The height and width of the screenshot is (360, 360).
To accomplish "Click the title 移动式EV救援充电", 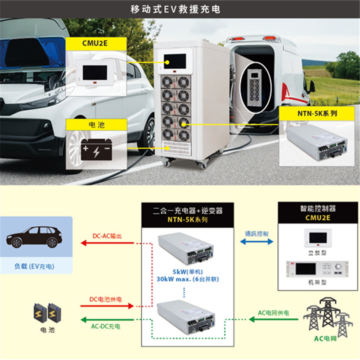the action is [175, 9].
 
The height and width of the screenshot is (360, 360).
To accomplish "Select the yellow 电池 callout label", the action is [96, 125].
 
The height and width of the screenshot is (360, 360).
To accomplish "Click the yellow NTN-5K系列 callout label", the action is [317, 113].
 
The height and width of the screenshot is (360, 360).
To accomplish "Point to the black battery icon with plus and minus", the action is [96, 149].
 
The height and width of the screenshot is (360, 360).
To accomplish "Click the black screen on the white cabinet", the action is [175, 61].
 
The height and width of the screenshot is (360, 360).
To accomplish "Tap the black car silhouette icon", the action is [34, 237].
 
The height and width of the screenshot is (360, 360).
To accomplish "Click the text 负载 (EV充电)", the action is [35, 266].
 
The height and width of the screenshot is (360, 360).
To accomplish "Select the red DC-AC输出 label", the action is [107, 236].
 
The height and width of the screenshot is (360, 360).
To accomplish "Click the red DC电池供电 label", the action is [105, 299].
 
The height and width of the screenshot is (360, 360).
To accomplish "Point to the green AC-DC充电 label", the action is [106, 326].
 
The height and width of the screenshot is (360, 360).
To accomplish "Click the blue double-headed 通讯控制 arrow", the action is [256, 242].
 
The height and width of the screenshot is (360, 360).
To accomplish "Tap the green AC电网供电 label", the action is [274, 313].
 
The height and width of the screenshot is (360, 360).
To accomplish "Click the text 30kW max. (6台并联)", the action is [188, 279].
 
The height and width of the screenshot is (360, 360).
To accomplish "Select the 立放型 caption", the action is [317, 253].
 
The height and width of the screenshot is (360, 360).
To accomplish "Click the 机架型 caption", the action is [317, 282].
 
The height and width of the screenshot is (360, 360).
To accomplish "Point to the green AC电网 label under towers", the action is [325, 339].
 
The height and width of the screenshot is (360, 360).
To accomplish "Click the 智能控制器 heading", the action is [318, 208].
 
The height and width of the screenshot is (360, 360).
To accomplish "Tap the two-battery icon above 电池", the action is [48, 313].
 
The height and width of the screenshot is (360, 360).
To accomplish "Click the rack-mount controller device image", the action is [317, 269].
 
